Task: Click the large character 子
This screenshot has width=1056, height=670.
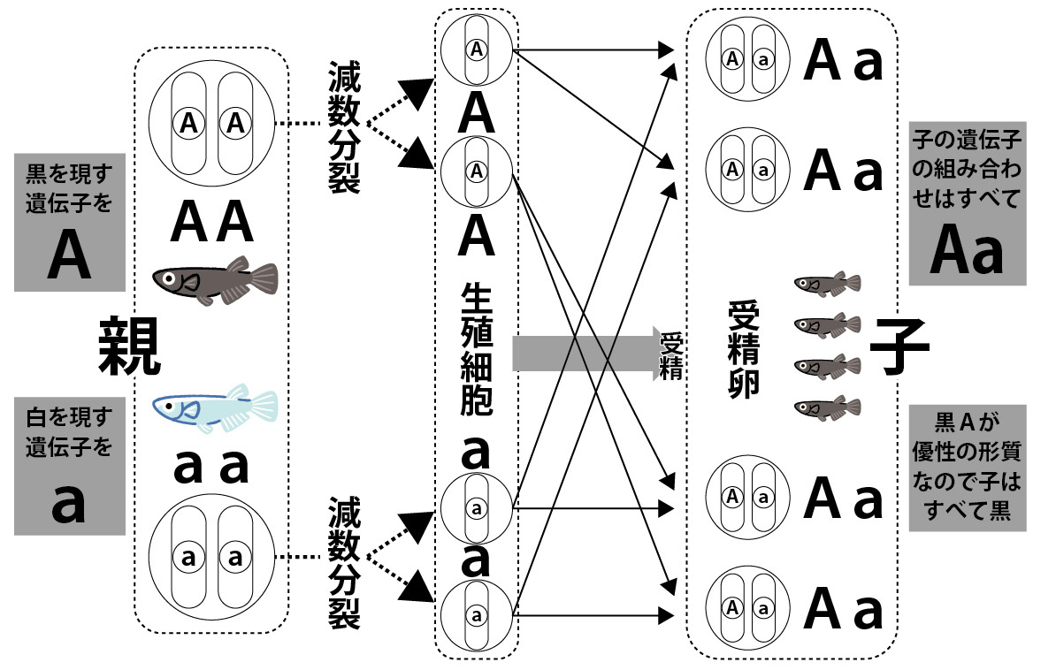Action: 899,346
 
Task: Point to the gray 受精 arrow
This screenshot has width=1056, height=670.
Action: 584,353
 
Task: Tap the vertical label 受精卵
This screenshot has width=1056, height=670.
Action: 743,348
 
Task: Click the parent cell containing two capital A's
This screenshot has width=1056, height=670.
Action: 211,125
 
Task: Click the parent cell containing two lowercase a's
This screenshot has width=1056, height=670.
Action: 211,557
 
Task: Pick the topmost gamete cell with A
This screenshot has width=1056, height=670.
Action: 477,50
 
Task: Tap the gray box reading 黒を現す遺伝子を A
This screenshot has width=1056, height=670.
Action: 69,221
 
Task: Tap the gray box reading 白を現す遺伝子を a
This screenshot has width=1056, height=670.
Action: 69,466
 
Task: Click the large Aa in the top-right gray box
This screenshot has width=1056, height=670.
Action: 968,252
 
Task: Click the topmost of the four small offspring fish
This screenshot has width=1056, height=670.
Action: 828,284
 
